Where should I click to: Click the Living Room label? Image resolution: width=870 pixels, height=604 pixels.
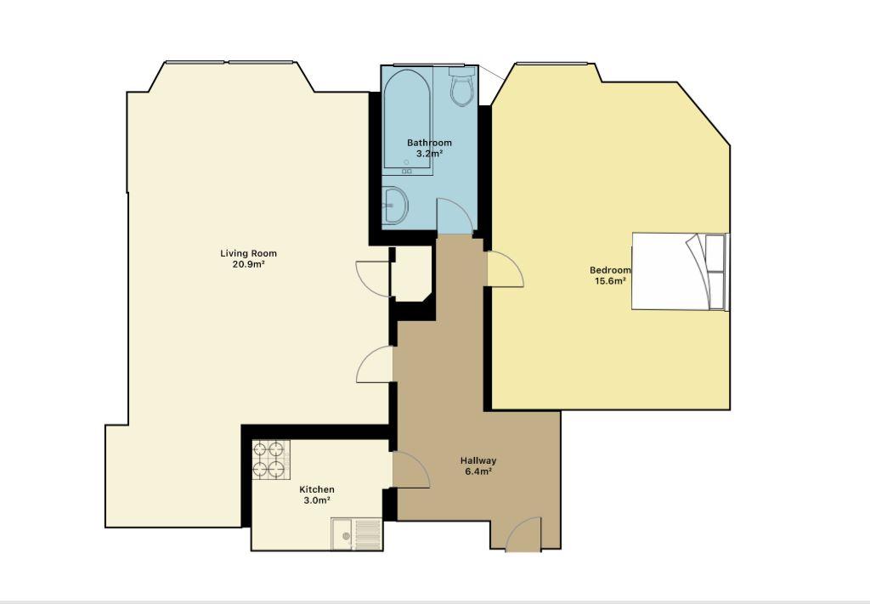pos(249,253)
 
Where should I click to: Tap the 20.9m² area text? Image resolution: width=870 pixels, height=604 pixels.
pos(248,264)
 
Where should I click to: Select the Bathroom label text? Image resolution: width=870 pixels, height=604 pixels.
pos(429,143)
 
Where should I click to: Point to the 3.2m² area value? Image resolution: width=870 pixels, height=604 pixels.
pos(429,154)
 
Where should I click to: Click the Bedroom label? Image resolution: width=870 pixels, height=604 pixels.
pos(610,270)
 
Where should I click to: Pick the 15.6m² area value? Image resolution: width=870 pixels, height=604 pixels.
pos(610,281)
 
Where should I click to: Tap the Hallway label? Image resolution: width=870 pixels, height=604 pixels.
pos(478,460)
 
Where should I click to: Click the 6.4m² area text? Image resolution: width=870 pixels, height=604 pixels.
pos(478,472)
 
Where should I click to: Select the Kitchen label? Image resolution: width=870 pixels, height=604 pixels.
pos(317,490)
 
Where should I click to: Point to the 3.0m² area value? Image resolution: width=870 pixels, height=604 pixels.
pos(317,501)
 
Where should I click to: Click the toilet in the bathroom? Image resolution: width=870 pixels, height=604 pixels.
pos(461,87)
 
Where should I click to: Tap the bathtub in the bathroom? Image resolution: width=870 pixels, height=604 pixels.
pos(408,121)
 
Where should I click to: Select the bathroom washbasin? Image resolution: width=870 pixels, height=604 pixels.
pos(395,206)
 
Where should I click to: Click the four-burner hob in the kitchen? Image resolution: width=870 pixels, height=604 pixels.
pos(271,460)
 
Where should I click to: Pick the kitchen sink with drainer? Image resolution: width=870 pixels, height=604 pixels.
pos(357,534)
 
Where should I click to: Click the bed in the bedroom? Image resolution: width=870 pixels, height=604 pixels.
pos(681,271)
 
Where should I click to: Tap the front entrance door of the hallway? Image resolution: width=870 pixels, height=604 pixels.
pos(523,535)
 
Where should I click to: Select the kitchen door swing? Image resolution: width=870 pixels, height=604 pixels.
pos(410,471)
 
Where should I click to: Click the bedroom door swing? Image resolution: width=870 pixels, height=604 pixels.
pos(506,269)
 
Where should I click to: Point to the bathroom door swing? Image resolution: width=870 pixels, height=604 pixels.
pos(455,217)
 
